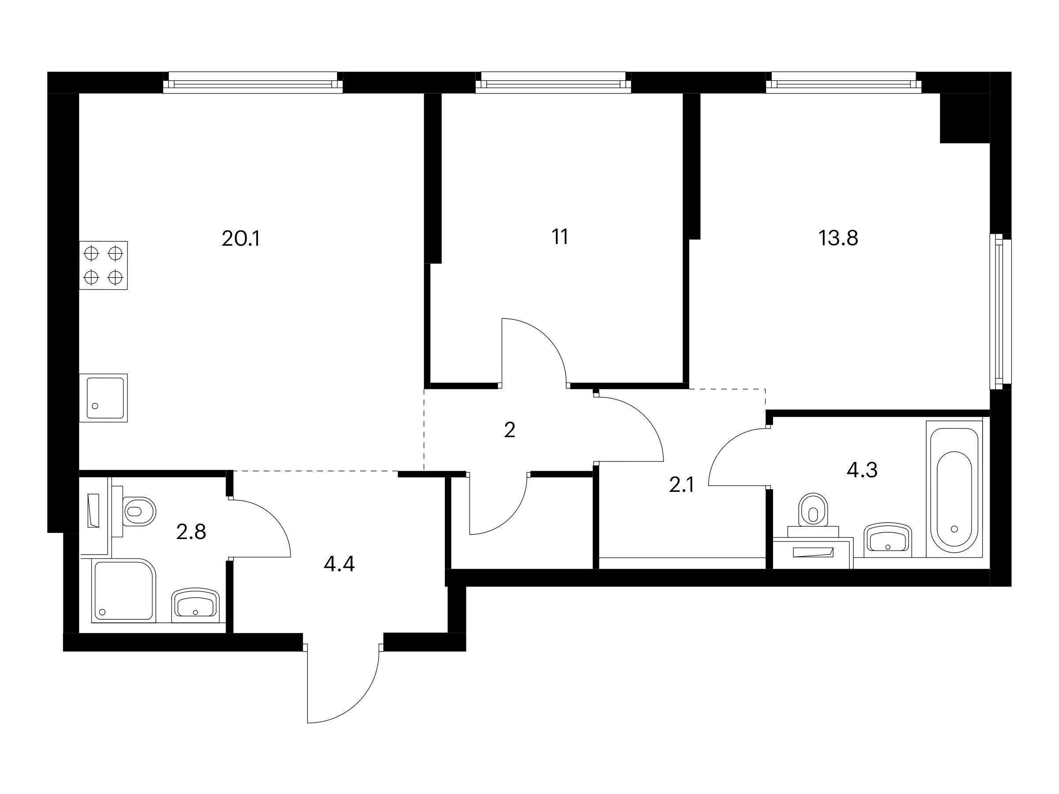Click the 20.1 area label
pos(241,238)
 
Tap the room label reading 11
pos(560,236)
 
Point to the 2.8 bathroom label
pos(191,532)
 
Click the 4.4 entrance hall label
pos(339,565)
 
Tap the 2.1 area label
pos(681,486)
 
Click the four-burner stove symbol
pos(103,265)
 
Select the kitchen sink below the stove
pos(103,398)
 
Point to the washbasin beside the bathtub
pos(888,540)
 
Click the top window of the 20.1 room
pos(253,83)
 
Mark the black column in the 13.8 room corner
pos(965,118)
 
